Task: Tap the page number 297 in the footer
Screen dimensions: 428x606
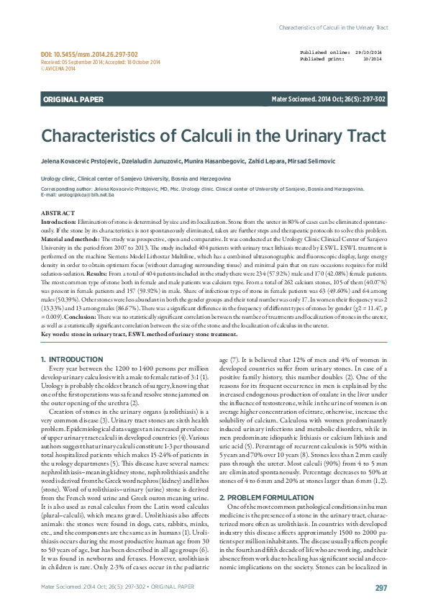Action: click(381, 588)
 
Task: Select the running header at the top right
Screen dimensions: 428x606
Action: click(333, 27)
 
